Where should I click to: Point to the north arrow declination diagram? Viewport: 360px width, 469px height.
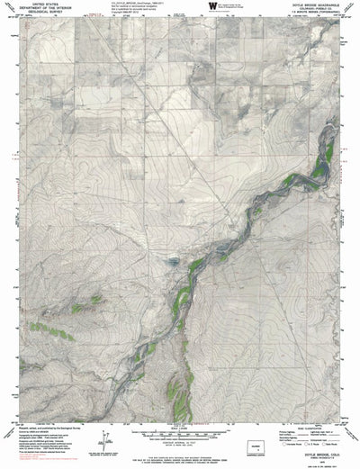tap(106, 440)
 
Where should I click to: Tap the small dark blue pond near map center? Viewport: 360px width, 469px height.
tap(173, 262)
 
